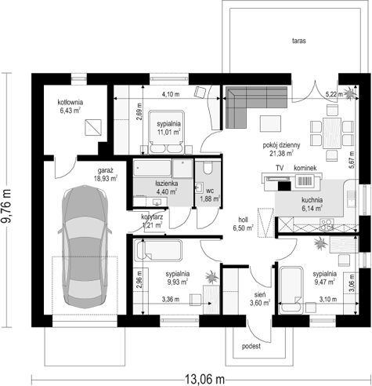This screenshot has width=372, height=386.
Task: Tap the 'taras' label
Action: pyautogui.click(x=299, y=41)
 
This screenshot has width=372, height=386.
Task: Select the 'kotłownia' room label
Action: pyautogui.click(x=70, y=102)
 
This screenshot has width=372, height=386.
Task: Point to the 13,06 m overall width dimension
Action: pyautogui.click(x=204, y=379)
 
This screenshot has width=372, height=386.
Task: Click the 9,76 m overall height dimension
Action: pyautogui.click(x=6, y=206)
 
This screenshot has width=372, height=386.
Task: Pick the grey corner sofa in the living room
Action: pyautogui.click(x=256, y=107)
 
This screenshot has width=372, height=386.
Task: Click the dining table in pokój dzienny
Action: pyautogui.click(x=332, y=133)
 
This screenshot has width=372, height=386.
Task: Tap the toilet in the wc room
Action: pyautogui.click(x=208, y=168)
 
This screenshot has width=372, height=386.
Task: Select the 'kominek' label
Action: pyautogui.click(x=305, y=168)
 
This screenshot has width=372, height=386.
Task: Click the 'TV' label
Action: pyautogui.click(x=280, y=168)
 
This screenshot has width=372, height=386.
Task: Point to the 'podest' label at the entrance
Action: pyautogui.click(x=251, y=347)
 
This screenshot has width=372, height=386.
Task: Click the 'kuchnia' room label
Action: pyautogui.click(x=312, y=200)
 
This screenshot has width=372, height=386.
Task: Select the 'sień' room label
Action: pyautogui.click(x=260, y=295)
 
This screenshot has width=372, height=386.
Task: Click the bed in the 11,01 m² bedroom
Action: pyautogui.click(x=167, y=132)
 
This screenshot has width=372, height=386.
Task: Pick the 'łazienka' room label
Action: pyautogui.click(x=167, y=184)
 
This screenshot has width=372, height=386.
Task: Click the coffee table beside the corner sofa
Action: pyautogui.click(x=270, y=124)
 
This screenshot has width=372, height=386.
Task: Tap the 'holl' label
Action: pyautogui.click(x=243, y=220)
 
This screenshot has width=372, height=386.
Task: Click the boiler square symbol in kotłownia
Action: pyautogui.click(x=93, y=127)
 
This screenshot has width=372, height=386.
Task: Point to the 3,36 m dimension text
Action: pyautogui.click(x=171, y=300)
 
